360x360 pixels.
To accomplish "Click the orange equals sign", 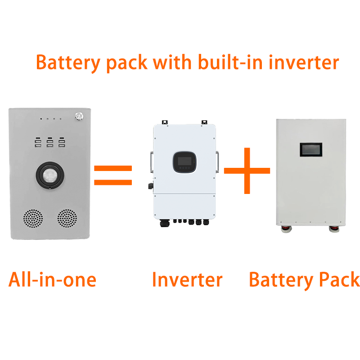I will coord(113,175).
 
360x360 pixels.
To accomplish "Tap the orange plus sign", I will coord(247,171).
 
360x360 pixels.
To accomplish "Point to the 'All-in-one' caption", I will coord(52,279).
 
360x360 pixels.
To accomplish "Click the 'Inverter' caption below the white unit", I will coord(187,279).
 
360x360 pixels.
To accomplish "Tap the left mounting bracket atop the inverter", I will coord(165,122).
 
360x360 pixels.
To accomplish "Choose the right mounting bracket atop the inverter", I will coord(204,122).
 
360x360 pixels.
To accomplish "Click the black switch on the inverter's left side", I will coord(148,185).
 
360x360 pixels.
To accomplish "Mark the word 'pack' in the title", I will coord(127,63).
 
